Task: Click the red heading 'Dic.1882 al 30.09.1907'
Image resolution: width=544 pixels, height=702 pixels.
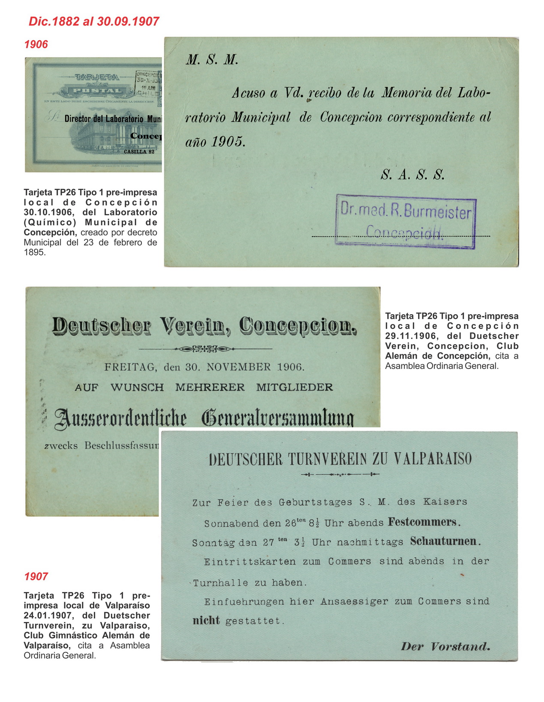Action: point(94,21)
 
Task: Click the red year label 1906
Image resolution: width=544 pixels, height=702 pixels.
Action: point(36,45)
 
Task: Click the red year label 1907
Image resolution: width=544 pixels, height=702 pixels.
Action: point(36,577)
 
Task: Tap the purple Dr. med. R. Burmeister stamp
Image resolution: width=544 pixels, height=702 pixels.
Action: point(406,221)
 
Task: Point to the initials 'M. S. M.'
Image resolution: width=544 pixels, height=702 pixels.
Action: point(212,60)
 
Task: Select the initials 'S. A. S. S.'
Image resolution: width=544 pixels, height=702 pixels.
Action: point(412,175)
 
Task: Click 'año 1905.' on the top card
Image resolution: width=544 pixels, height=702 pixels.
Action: point(215,142)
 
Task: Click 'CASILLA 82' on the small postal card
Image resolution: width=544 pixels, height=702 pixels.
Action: point(139,152)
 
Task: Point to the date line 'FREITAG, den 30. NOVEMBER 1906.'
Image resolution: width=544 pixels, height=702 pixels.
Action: point(204,367)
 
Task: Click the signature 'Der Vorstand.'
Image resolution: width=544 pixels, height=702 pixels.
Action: point(445,646)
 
